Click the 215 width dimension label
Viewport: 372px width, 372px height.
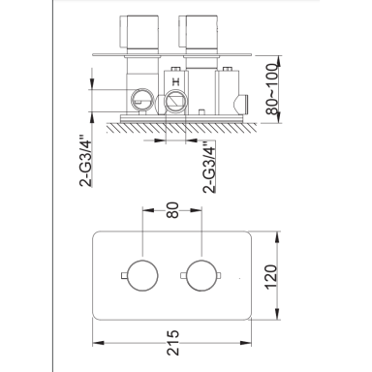pyautogui.click(x=173, y=342)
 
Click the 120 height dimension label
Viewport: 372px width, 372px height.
pyautogui.click(x=270, y=277)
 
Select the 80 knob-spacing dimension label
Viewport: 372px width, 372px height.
pyautogui.click(x=173, y=210)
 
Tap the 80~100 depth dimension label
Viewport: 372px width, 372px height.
pyautogui.click(x=272, y=89)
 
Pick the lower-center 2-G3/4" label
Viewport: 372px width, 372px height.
pyautogui.click(x=209, y=167)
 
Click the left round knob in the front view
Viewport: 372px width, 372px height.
pyautogui.click(x=142, y=275)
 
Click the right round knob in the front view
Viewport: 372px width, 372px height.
pyautogui.click(x=201, y=275)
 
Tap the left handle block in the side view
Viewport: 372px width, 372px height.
pyautogui.click(x=139, y=32)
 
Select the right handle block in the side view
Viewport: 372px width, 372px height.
pyautogui.click(x=198, y=32)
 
